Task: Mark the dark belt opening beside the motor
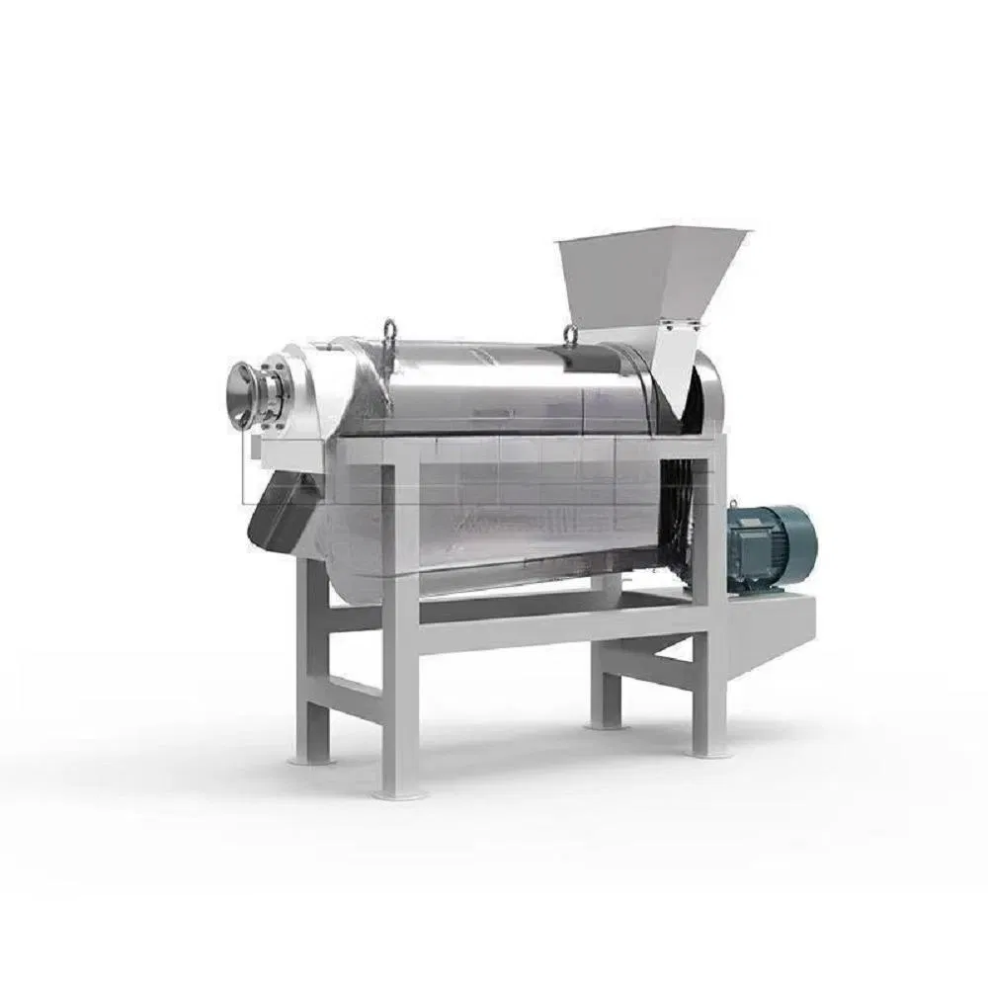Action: tap(679, 514)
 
